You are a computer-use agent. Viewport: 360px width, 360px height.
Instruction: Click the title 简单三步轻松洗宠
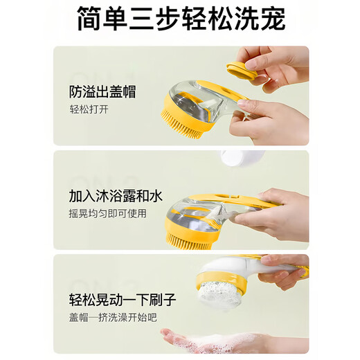pos(180,20)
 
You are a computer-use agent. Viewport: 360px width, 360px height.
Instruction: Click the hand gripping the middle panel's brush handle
pos(277,215)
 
